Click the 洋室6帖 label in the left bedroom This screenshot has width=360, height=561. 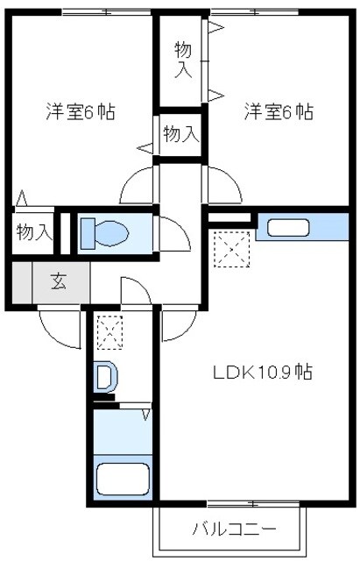81,112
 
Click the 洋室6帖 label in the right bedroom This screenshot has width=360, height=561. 279,112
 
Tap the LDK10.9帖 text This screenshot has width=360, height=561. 262,372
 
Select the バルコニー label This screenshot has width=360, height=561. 234,529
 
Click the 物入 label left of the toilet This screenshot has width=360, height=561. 34,232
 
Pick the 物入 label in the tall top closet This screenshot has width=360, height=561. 183,59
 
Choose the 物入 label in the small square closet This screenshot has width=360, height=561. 181,134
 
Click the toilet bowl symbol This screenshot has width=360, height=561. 105,232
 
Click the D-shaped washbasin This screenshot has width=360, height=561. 105,378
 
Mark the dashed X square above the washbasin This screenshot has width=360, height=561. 109,333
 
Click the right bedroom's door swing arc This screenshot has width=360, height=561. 223,184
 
